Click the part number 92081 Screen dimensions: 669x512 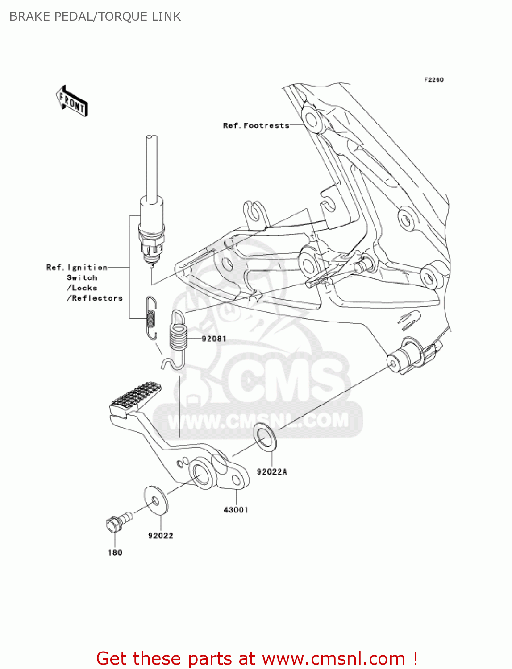[214, 339]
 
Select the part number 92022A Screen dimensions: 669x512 [272, 472]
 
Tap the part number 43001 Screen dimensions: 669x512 [236, 510]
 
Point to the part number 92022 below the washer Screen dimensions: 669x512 [161, 536]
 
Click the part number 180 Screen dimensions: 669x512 [115, 553]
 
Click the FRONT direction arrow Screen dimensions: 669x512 [72, 101]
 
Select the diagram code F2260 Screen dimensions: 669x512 [433, 80]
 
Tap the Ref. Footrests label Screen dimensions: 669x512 [256, 126]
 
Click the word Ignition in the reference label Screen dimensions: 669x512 [87, 268]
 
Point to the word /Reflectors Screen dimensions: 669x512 [95, 298]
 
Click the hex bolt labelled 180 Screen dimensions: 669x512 [117, 521]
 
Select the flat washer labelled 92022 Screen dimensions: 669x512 [155, 500]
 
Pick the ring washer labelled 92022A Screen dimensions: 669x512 [265, 437]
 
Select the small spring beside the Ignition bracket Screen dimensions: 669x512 [151, 318]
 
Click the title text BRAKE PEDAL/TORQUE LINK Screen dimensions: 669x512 [95, 17]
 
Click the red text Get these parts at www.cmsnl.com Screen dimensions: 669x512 [257, 658]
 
